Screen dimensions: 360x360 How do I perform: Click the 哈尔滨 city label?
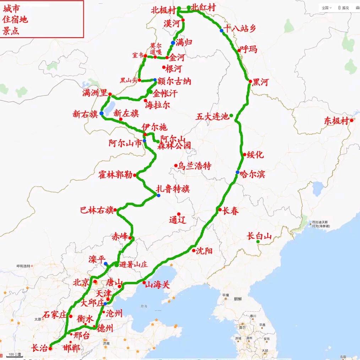point(252,174)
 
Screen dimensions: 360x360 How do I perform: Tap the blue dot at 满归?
point(173,43)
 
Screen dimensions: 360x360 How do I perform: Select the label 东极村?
point(336,121)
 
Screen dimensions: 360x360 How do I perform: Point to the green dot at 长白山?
point(258,242)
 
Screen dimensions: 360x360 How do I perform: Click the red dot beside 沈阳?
point(194,250)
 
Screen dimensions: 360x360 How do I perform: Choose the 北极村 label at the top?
point(163,9)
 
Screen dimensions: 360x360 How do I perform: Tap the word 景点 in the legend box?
point(11,31)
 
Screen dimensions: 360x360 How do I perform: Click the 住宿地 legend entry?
point(15,19)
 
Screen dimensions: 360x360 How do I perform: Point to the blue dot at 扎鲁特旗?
point(158,195)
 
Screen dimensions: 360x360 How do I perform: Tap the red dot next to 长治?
point(50,348)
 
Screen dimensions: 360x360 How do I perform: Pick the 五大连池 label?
point(213,116)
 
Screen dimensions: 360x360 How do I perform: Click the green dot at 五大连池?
point(231,115)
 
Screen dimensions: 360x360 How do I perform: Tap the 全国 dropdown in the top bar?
point(326,7)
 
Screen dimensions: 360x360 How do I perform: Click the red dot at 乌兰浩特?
point(176,165)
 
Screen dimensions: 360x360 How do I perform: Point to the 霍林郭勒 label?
point(115,175)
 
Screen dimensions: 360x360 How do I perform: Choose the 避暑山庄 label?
point(133,264)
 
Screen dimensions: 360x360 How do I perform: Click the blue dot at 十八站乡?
point(222,31)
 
